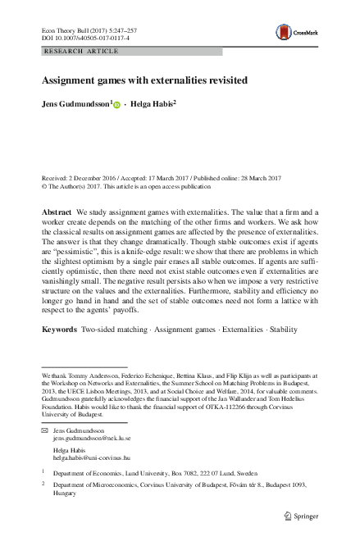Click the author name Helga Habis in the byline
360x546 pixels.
tap(149, 105)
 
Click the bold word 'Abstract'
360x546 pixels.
tap(57, 212)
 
